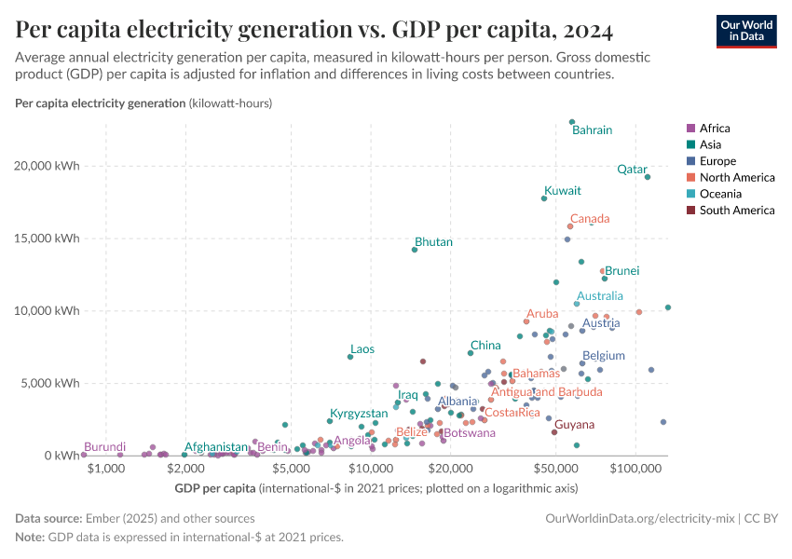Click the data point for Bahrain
pyautogui.click(x=572, y=122)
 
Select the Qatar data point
pyautogui.click(x=648, y=177)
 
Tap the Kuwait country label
pyautogui.click(x=563, y=191)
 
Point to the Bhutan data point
pyautogui.click(x=415, y=250)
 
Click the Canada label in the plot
pyautogui.click(x=590, y=219)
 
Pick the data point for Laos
pyautogui.click(x=350, y=357)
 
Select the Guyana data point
pyautogui.click(x=554, y=432)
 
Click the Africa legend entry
pyautogui.click(x=715, y=129)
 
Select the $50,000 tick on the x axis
pyautogui.click(x=555, y=468)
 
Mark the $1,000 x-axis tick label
pyautogui.click(x=106, y=468)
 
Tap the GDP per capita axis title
pyautogui.click(x=215, y=488)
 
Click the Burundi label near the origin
pyautogui.click(x=104, y=447)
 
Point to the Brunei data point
pyautogui.click(x=605, y=279)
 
